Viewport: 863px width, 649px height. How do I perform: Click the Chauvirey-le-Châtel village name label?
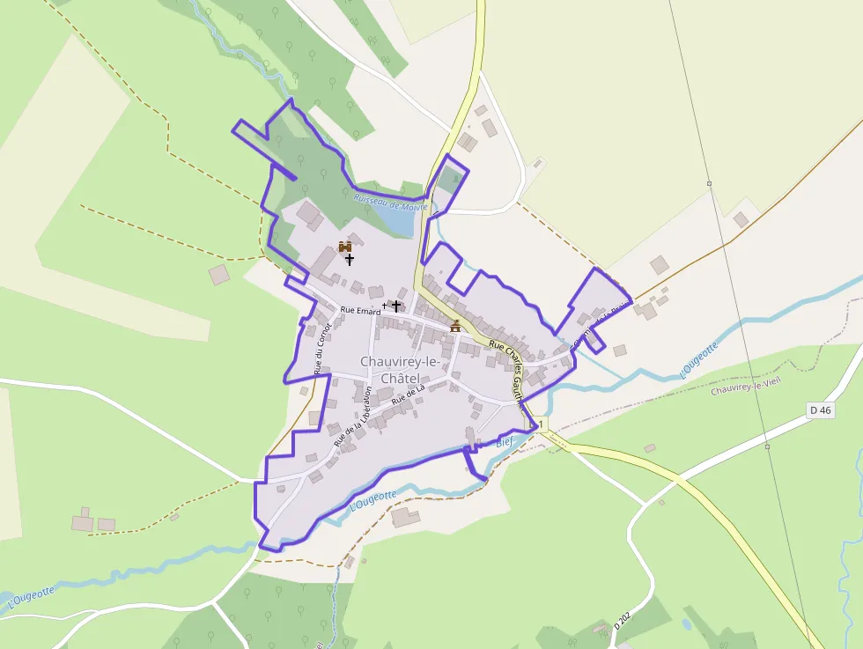[x=400, y=369]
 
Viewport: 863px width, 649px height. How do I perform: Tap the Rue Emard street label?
[x=360, y=312]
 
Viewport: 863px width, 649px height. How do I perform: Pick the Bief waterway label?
[x=505, y=442]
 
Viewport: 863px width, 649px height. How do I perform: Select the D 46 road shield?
[x=820, y=410]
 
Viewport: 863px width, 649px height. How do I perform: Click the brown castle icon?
[x=345, y=247]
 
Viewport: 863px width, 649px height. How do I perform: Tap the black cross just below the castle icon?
[x=350, y=260]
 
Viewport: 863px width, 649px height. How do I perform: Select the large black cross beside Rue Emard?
[x=396, y=306]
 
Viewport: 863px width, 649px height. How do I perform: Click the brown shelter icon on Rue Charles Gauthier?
[x=455, y=326]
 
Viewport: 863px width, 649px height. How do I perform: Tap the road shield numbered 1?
[x=541, y=424]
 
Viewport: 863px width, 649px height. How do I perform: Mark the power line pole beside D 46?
[x=767, y=446]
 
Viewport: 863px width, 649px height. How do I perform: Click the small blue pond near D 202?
[x=687, y=624]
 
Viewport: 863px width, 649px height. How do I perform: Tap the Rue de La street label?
[x=409, y=395]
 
